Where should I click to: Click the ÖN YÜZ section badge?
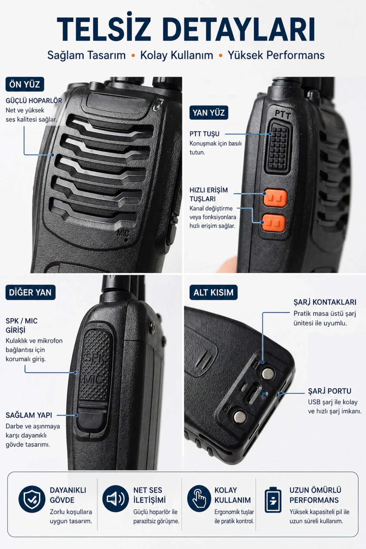click(x=25, y=84)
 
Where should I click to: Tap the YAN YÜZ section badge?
click(x=209, y=113)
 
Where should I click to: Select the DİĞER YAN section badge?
click(x=30, y=292)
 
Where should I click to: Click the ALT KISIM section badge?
click(x=213, y=292)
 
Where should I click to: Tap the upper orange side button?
click(x=275, y=198)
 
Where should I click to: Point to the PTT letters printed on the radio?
click(x=283, y=115)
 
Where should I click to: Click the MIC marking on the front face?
click(x=124, y=234)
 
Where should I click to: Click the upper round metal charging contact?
click(x=268, y=373)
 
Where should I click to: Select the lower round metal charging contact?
click(x=240, y=416)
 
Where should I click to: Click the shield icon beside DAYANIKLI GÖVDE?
click(x=32, y=499)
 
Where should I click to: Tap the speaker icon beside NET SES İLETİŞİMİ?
click(x=116, y=499)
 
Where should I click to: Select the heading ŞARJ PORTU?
click(x=329, y=391)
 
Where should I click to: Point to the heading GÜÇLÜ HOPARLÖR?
click(x=34, y=101)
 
